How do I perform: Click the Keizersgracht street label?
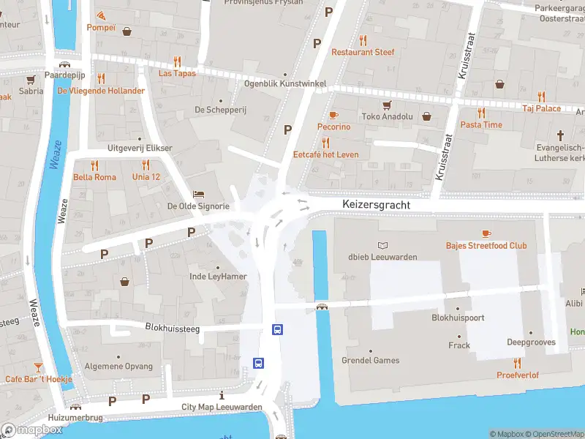(x=377, y=206)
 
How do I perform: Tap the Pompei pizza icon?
(x=101, y=15)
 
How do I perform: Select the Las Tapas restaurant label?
(x=177, y=73)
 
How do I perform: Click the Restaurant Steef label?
(x=363, y=52)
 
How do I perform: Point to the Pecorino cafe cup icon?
(x=333, y=115)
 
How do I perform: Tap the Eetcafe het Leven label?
(x=325, y=154)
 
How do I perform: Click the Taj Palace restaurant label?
(x=541, y=108)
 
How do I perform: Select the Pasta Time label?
(x=481, y=124)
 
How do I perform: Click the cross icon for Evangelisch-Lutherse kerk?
(x=561, y=135)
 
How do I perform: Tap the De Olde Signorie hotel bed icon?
(x=198, y=194)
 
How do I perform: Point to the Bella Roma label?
(x=94, y=177)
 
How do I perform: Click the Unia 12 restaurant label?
(x=146, y=177)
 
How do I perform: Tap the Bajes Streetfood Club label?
(x=486, y=245)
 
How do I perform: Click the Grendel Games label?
(x=371, y=360)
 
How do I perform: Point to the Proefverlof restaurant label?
(x=517, y=375)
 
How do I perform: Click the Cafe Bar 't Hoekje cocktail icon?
(x=38, y=367)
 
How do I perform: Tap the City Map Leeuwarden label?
(x=222, y=407)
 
